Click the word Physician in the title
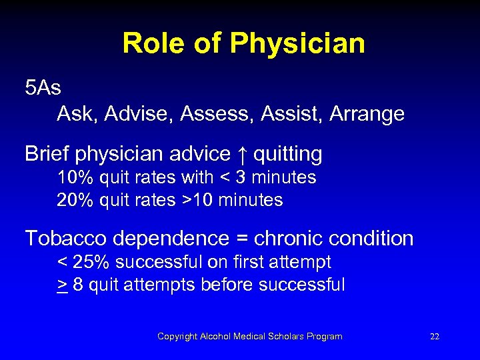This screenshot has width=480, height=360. point(297,45)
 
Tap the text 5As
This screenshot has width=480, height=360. point(43,88)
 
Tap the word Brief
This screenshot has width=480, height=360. point(47,155)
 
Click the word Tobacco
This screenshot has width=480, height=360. point(67,238)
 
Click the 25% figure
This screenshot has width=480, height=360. point(87,262)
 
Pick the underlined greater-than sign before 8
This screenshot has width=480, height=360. point(61,285)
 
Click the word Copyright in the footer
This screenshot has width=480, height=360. point(177,337)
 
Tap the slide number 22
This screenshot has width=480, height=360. point(435,337)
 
